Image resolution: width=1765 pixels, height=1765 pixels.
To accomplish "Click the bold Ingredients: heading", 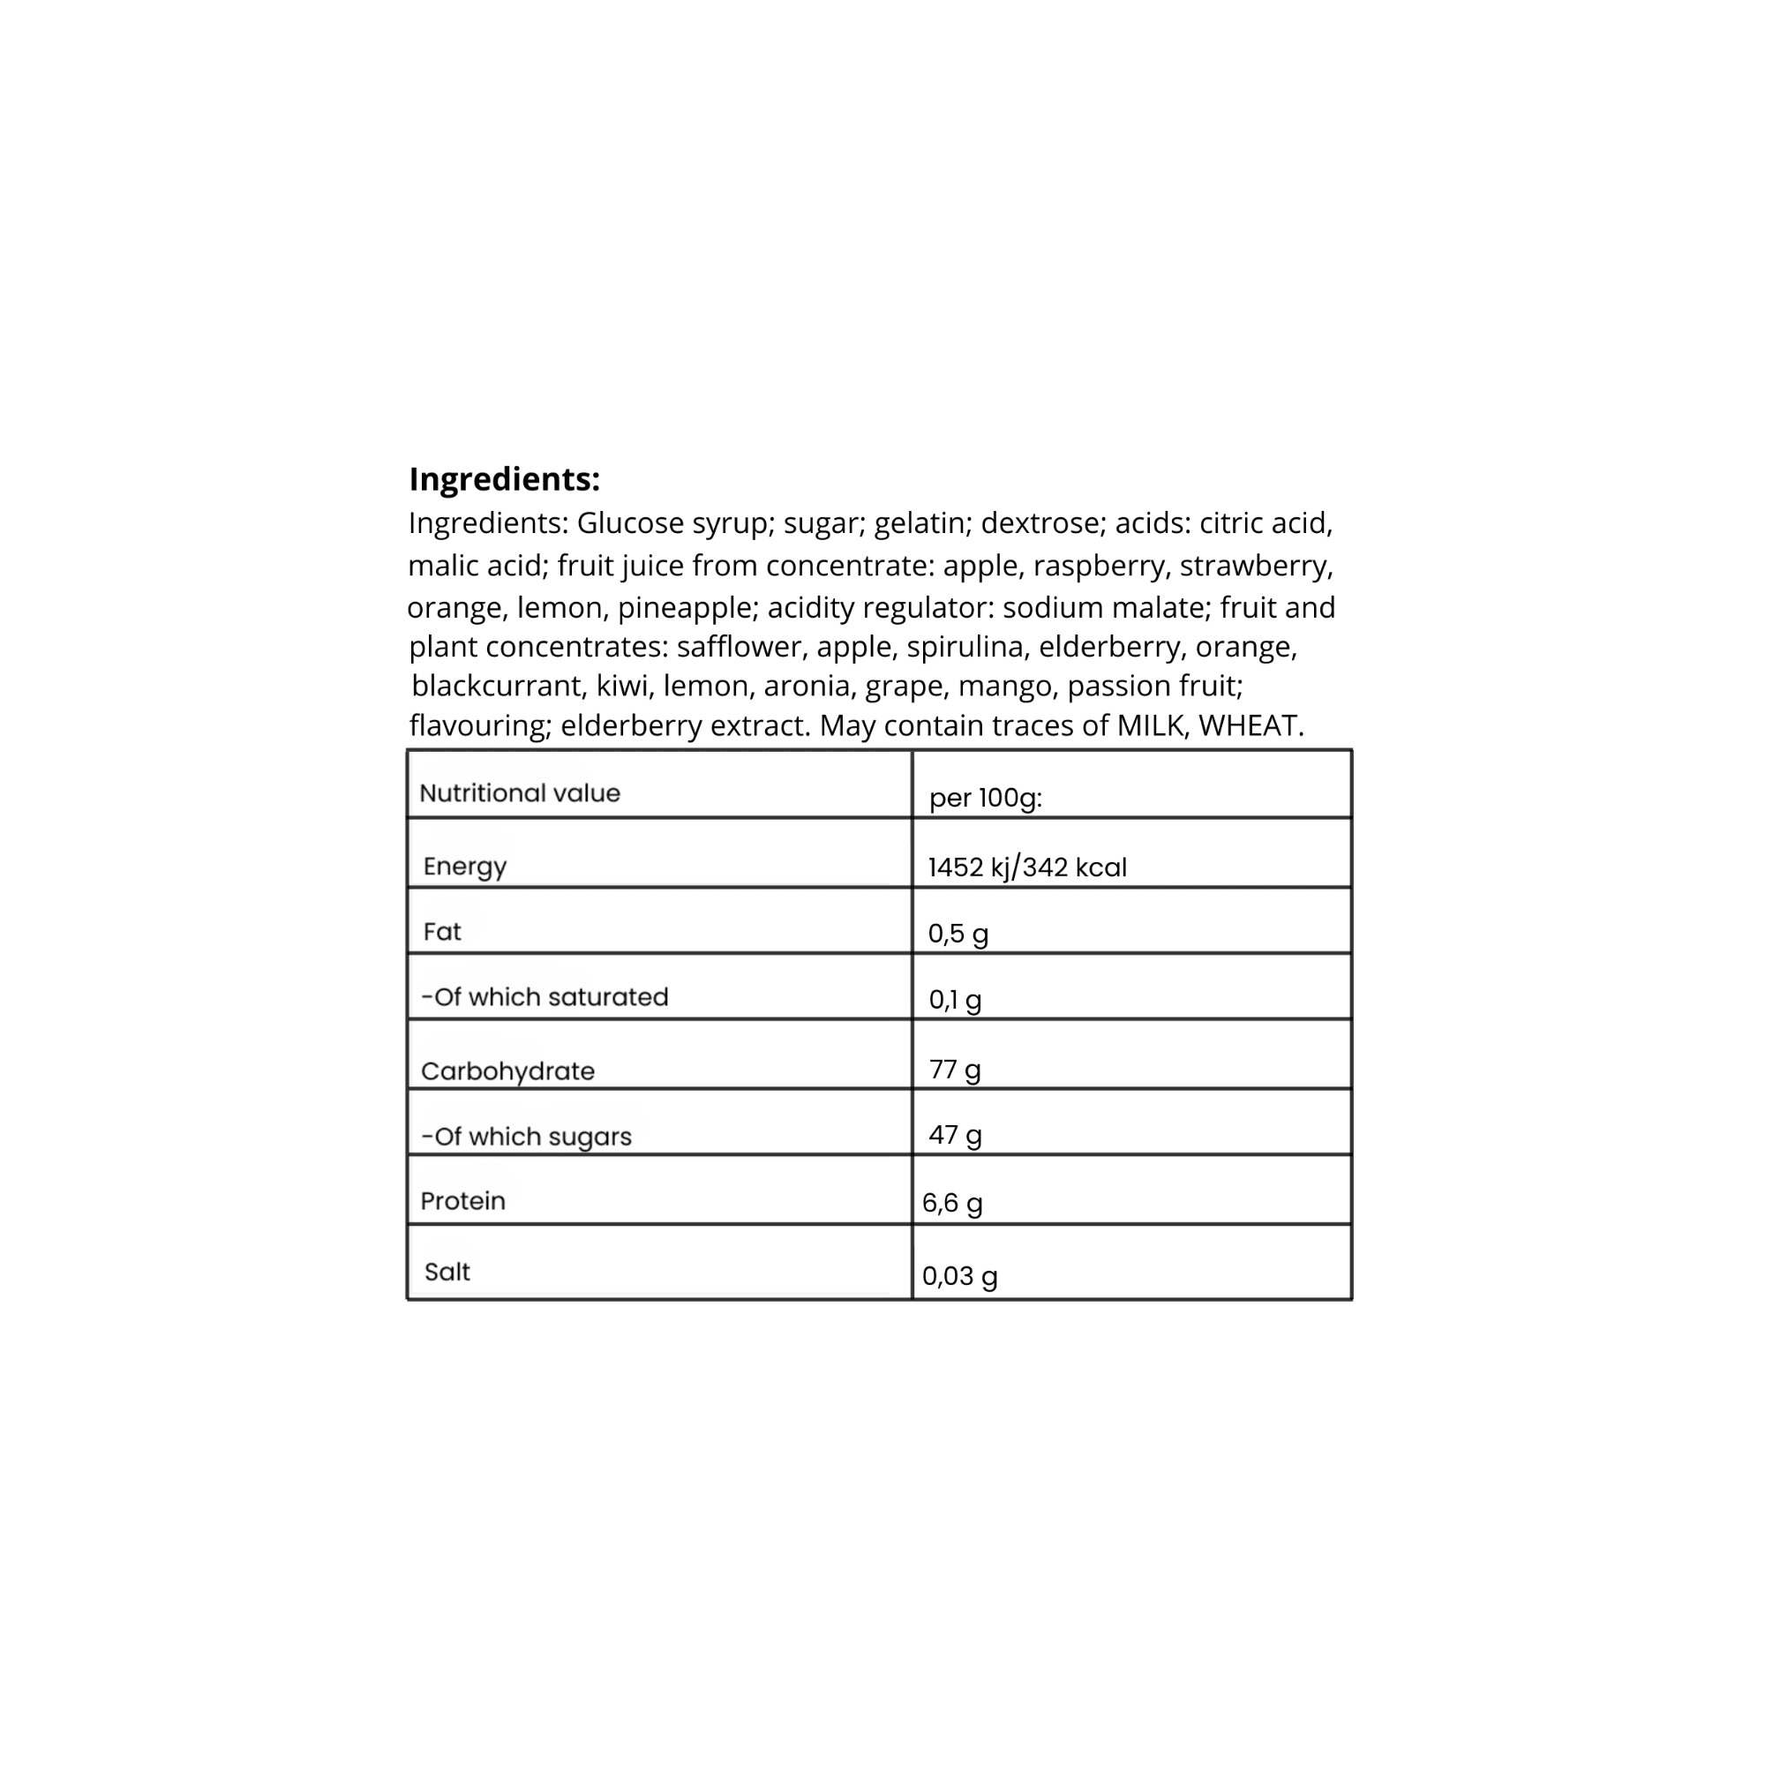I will pyautogui.click(x=504, y=478).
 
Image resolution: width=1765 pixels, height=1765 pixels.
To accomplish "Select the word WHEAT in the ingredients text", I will pyautogui.click(x=1248, y=725).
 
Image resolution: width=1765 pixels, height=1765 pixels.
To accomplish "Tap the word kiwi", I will pyautogui.click(x=622, y=685).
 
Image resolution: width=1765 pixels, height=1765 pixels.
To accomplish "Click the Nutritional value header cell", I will pyautogui.click(x=520, y=793).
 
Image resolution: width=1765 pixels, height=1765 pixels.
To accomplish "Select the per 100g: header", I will pyautogui.click(x=986, y=799).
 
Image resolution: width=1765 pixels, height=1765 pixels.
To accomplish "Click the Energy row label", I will pyautogui.click(x=465, y=866).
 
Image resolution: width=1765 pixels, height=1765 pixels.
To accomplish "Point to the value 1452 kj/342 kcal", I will pyautogui.click(x=1028, y=867).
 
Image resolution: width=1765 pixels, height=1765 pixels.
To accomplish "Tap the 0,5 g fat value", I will pyautogui.click(x=958, y=934).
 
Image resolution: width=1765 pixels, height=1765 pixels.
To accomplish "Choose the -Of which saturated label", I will pyautogui.click(x=545, y=997).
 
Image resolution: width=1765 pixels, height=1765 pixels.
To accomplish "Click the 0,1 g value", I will pyautogui.click(x=956, y=1001).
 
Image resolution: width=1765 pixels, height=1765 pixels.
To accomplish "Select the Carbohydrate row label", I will pyautogui.click(x=508, y=1071).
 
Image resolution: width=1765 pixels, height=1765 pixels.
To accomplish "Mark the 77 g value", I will pyautogui.click(x=955, y=1070).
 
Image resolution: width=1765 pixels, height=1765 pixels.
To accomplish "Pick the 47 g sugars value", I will pyautogui.click(x=956, y=1136).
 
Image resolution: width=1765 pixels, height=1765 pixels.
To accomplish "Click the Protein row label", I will pyautogui.click(x=463, y=1201).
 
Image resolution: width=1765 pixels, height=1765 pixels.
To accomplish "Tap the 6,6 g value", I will pyautogui.click(x=953, y=1203).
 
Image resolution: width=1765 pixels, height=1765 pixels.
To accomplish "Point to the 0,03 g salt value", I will pyautogui.click(x=960, y=1276).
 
